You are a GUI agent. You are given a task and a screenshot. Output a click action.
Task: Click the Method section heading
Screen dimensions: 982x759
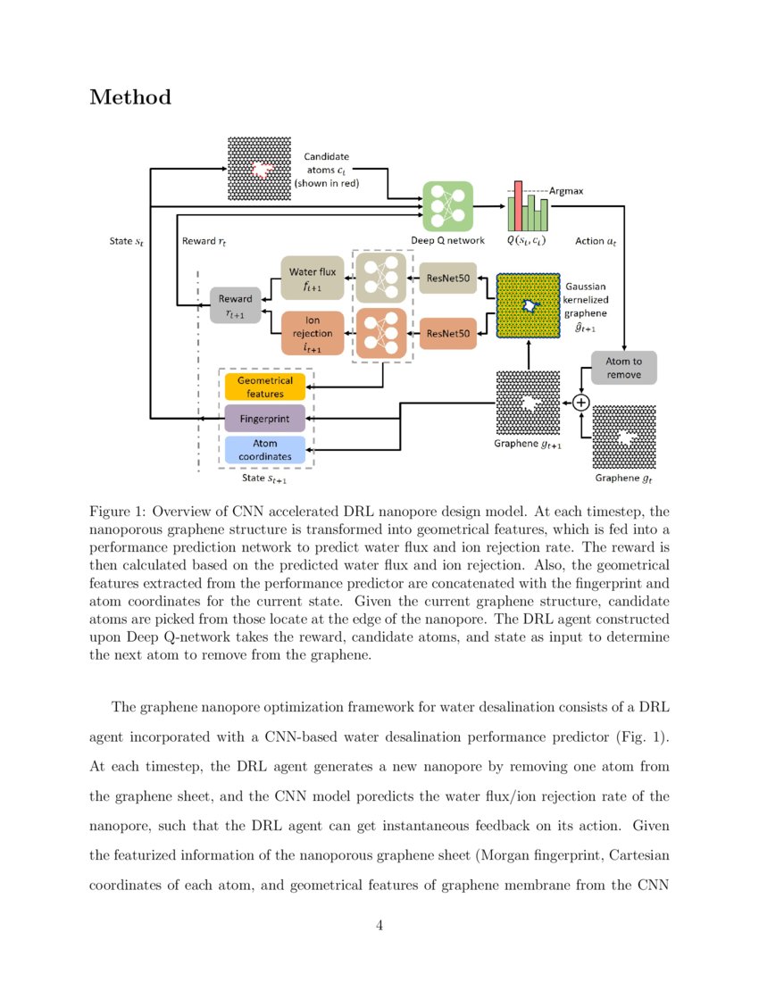coord(130,97)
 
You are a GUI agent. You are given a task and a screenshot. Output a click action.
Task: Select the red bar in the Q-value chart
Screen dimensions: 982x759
coord(517,205)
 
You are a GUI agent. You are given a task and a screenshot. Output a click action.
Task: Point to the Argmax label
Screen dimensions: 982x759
coord(566,190)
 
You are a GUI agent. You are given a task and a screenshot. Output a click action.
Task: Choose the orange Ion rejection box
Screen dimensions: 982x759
coord(312,333)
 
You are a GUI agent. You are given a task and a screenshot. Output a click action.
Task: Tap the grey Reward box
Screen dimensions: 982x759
coord(236,305)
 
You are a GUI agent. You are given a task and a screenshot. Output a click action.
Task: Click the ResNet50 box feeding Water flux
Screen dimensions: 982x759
coord(448,279)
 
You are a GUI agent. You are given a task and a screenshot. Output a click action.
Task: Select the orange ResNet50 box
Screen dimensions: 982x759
coord(448,333)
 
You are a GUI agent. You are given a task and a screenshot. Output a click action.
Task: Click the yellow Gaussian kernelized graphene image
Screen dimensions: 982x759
coord(529,305)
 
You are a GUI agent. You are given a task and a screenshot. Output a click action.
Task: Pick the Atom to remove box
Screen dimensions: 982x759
coord(623,367)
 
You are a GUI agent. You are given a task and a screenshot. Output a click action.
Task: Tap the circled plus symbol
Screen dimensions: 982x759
coord(581,403)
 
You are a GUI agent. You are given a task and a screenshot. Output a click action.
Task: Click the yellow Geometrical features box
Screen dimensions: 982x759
coord(265,387)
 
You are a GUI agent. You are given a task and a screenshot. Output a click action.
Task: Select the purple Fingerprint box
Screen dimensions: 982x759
coord(265,417)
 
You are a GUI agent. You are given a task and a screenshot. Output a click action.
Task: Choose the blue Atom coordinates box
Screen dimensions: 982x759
coord(265,449)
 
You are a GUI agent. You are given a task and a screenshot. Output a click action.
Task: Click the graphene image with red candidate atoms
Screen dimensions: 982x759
coord(260,168)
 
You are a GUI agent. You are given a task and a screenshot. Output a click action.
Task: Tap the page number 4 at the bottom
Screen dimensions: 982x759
coord(379,925)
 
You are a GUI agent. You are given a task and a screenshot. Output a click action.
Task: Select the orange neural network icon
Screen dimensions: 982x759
coord(383,333)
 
